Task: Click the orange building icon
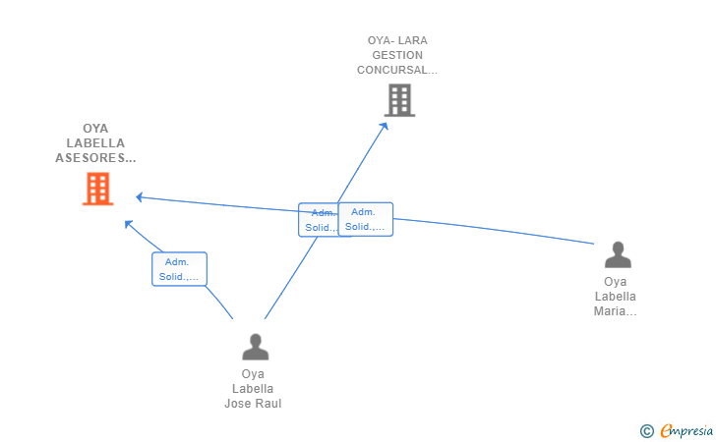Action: point(97,189)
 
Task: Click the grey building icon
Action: point(399,100)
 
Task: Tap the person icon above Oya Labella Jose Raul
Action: point(255,347)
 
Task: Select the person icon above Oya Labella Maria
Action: point(618,254)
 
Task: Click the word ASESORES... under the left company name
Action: point(95,157)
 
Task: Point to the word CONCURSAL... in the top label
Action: point(397,70)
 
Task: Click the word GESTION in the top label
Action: point(397,55)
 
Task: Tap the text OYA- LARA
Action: point(397,40)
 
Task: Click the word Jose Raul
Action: point(253,404)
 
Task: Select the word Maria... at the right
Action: point(616,311)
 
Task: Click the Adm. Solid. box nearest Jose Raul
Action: point(179,269)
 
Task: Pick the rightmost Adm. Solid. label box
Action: point(366,219)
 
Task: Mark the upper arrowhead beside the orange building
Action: point(140,196)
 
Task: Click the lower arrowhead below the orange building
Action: point(128,224)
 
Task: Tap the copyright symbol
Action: point(646,430)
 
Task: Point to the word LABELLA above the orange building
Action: point(95,142)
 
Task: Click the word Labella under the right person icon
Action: point(616,297)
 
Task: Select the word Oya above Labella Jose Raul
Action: point(253,374)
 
